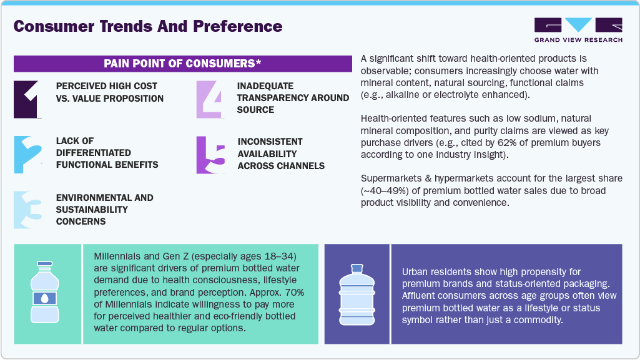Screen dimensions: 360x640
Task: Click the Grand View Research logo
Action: point(578,29)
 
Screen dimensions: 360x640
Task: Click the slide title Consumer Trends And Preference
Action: point(148,26)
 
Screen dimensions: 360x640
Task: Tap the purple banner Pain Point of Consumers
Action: point(182,63)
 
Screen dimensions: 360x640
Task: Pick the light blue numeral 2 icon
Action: point(29,154)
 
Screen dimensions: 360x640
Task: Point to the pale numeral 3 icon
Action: point(29,209)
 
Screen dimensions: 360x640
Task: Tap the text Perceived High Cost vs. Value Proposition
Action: point(110,92)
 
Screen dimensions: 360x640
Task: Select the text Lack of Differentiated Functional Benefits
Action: point(107,153)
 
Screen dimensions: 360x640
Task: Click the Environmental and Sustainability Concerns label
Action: point(104,209)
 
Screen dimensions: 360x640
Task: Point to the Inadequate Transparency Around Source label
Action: point(293,97)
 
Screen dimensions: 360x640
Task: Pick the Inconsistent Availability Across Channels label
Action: point(281,153)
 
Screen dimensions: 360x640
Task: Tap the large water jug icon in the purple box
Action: point(357,294)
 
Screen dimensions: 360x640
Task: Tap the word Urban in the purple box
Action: point(416,272)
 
